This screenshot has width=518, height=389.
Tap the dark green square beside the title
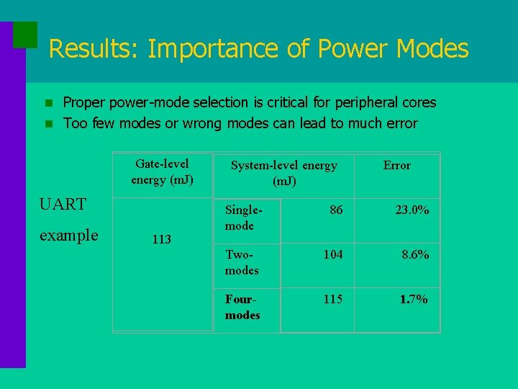[25, 34]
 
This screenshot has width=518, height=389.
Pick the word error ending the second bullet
[399, 123]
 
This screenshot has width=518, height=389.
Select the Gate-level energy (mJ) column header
[162, 171]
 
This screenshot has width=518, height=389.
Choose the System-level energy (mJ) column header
[283, 173]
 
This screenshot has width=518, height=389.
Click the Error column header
[396, 166]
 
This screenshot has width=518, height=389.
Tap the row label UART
[63, 204]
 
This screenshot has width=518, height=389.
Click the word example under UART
[69, 236]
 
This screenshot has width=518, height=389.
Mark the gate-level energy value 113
[162, 239]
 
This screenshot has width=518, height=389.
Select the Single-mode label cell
[242, 218]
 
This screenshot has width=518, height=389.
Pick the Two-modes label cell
[242, 262]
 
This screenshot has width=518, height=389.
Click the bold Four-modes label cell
[242, 308]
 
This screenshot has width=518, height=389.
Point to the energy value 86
[336, 210]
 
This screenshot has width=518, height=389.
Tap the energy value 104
[332, 254]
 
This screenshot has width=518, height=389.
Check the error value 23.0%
[412, 210]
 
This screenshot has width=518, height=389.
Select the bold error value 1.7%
[414, 299]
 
